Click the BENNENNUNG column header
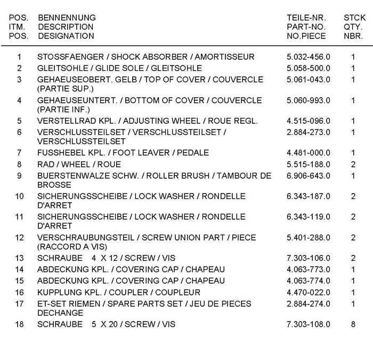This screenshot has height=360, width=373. [x=67, y=18]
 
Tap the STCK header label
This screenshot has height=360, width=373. [x=354, y=18]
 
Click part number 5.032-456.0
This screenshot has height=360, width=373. [x=308, y=57]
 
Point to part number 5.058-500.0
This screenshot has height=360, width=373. [x=308, y=68]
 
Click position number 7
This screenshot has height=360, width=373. [x=20, y=153]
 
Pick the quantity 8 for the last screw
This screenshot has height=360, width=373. [x=353, y=324]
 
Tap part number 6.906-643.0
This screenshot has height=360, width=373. [x=308, y=175]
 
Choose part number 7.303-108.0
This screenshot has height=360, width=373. [x=308, y=324]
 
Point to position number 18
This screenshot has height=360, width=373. [x=20, y=324]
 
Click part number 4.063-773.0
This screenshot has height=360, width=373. [x=308, y=270]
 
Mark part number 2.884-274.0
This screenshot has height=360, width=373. [x=308, y=303]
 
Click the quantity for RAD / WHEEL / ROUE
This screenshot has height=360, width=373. [x=353, y=164]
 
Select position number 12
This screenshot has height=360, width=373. [x=20, y=238]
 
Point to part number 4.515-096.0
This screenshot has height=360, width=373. [x=308, y=121]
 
